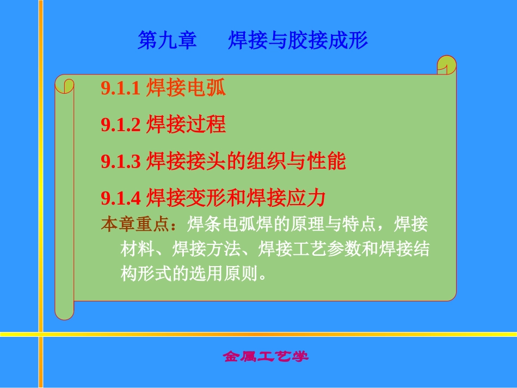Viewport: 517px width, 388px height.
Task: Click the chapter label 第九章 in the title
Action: tap(167, 41)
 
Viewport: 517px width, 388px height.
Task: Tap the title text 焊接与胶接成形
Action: tap(298, 41)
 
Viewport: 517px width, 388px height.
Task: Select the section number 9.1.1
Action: tap(121, 89)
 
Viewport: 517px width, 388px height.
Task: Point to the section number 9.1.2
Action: tap(121, 126)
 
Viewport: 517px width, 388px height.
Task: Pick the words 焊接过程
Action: tap(186, 125)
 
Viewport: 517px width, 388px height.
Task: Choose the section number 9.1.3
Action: tap(121, 162)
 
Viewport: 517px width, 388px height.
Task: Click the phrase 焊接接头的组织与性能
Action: tap(247, 161)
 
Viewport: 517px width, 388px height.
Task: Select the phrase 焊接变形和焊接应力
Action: tap(236, 198)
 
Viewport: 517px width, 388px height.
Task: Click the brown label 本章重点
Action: tap(129, 224)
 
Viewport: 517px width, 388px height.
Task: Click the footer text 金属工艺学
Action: tap(266, 357)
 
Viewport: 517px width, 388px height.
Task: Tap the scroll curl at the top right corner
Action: tap(447, 65)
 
